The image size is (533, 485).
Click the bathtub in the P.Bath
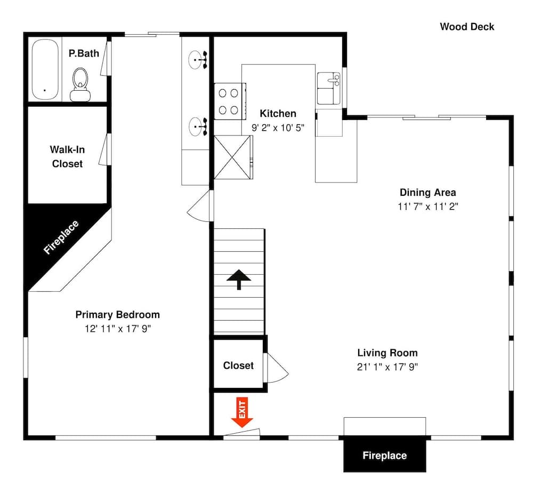[x=45, y=69]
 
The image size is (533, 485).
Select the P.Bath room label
[x=84, y=53]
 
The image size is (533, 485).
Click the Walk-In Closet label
[x=67, y=157]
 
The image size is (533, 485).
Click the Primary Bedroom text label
[x=117, y=314]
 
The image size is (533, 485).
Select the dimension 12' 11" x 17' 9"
[x=117, y=329]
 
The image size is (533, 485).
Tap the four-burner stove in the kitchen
[x=229, y=101]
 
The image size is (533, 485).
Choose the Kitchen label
[x=278, y=114]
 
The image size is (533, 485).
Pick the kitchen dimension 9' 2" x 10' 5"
[x=278, y=128]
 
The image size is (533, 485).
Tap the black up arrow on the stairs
[x=239, y=279]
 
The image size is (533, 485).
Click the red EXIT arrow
[x=243, y=413]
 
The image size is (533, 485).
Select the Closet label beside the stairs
[x=238, y=365]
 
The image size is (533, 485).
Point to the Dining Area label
[x=427, y=193]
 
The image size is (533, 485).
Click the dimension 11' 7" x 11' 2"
[x=427, y=207]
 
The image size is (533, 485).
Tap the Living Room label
[x=387, y=353]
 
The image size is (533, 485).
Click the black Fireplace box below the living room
[x=384, y=455]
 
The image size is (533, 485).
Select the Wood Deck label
[x=467, y=27]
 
